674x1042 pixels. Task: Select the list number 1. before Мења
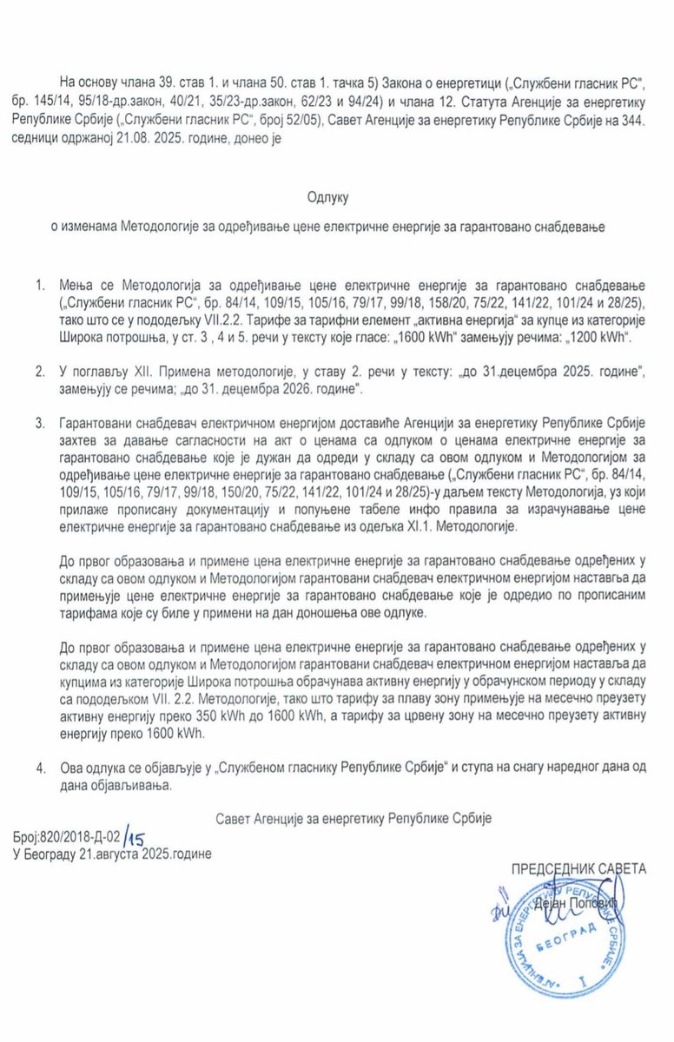point(41,285)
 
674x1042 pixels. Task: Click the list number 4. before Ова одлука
point(41,768)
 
